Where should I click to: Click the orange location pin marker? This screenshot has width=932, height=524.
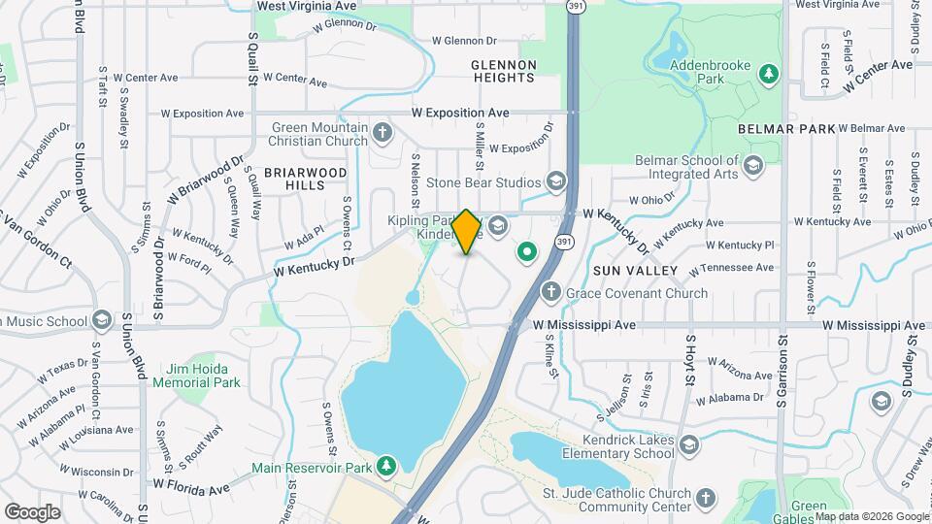467,232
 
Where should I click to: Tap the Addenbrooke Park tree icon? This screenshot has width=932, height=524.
769,74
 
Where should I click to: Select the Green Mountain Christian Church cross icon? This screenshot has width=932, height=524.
383,133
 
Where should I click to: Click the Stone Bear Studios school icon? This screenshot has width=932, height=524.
556,181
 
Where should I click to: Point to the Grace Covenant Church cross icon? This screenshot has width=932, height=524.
550,292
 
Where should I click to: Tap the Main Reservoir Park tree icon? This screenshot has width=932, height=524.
386,467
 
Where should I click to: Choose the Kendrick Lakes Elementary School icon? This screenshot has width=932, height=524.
688,445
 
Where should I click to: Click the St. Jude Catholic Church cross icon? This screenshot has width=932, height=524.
706,499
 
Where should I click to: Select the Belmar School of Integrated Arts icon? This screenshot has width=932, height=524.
752,167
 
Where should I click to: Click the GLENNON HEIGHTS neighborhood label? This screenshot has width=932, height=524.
504,72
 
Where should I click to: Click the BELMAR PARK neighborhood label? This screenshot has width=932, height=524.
785,128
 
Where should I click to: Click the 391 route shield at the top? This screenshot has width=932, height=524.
576,6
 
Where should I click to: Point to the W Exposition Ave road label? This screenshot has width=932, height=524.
459,114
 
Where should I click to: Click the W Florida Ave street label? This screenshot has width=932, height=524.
190,482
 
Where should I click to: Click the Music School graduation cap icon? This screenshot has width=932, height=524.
102,320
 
